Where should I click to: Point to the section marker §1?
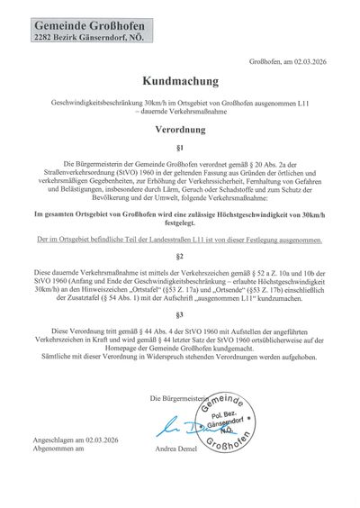click(x=180, y=146)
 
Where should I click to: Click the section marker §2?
click(x=180, y=256)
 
